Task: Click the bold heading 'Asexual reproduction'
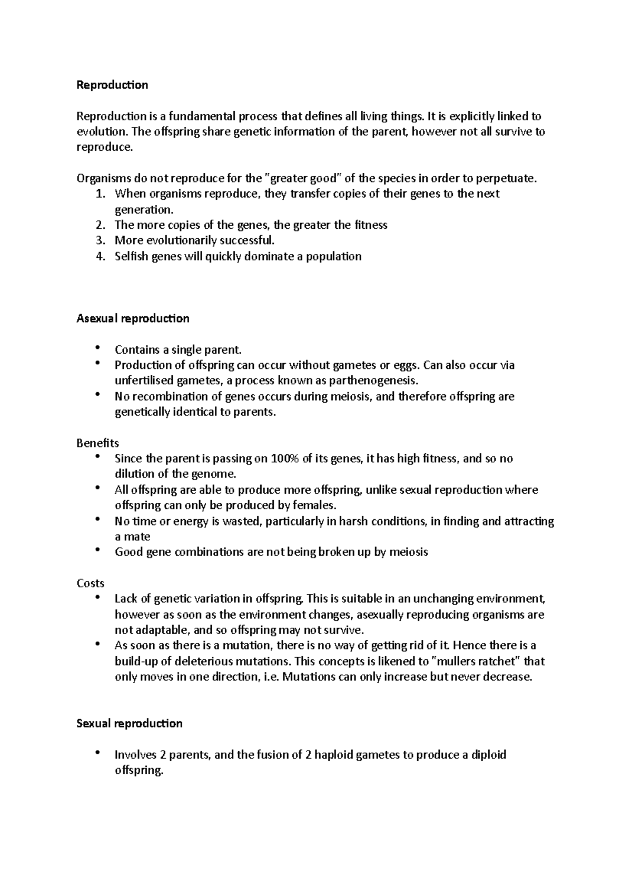point(133,318)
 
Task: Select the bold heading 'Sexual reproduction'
point(130,723)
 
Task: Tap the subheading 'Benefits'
point(98,443)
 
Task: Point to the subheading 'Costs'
point(91,583)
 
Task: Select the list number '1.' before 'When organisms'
point(101,193)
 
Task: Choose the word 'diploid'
point(488,754)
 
